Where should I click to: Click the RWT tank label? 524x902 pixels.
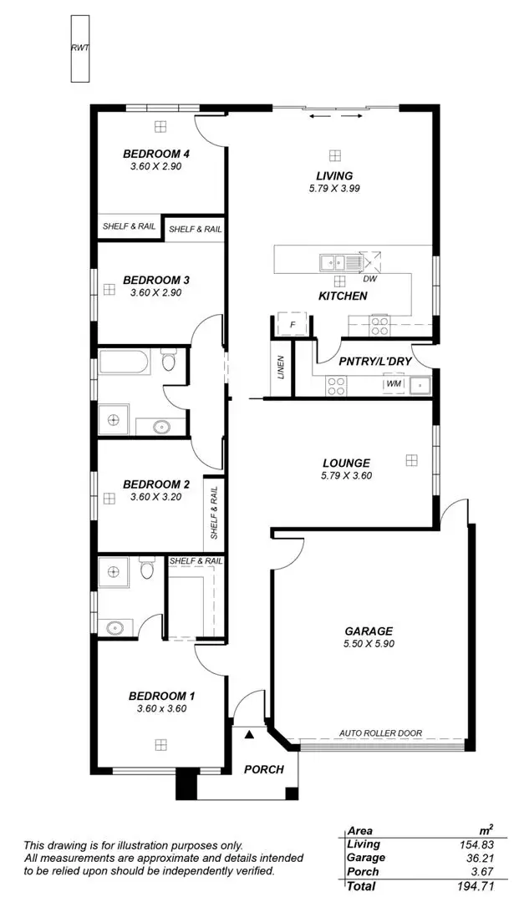tap(79, 47)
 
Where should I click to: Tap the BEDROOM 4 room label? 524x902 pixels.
tap(156, 154)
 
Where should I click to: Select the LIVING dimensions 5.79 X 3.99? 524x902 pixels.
tap(334, 189)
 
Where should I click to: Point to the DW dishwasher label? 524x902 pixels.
tap(369, 279)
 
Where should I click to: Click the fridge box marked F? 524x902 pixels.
tap(293, 324)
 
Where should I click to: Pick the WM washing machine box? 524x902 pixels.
tap(393, 384)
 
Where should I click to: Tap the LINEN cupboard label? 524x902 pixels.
tap(281, 367)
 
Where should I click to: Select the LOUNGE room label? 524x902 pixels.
tap(346, 463)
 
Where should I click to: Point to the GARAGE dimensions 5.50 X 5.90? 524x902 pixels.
tap(368, 644)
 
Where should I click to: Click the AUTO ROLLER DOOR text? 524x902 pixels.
tap(380, 733)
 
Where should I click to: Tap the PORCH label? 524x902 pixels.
tap(264, 769)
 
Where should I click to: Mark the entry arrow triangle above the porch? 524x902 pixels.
tap(249, 734)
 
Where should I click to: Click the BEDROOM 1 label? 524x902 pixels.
tap(161, 696)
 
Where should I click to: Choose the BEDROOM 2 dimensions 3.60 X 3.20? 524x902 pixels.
tap(156, 497)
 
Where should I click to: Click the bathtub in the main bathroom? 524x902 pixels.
tap(125, 362)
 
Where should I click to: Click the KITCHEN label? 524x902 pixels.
tap(343, 296)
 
